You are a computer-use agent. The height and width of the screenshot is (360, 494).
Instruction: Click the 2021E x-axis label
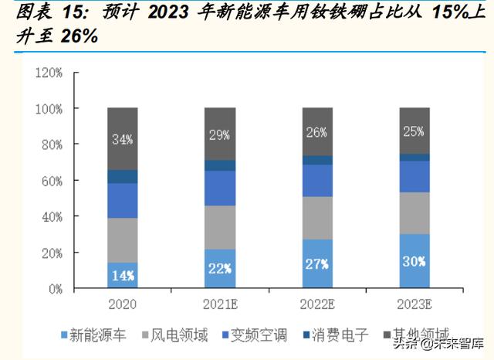click(220, 302)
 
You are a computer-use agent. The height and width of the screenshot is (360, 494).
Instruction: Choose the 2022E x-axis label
click(317, 302)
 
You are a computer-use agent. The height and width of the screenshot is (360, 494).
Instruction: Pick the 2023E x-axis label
click(414, 302)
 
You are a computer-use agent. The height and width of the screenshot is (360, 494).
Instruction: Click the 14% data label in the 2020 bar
click(122, 273)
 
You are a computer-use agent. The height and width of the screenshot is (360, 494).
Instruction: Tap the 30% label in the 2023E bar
click(414, 261)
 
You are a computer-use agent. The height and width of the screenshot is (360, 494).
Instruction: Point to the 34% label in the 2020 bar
click(122, 140)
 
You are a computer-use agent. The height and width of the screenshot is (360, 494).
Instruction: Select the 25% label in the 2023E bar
click(414, 131)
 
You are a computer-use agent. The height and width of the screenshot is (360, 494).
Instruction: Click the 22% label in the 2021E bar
click(220, 268)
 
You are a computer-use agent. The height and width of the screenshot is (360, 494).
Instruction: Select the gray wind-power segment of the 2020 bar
click(122, 240)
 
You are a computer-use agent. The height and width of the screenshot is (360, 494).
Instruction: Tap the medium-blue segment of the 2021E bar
click(220, 188)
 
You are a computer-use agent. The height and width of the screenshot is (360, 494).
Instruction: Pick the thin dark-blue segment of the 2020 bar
click(122, 177)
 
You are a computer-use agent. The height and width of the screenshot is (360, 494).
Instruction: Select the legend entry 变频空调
click(255, 335)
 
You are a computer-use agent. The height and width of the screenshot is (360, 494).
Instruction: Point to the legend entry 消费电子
click(337, 335)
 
